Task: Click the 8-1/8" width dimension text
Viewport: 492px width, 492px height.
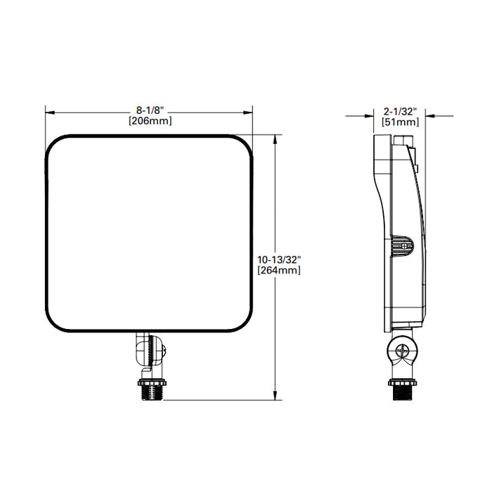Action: tap(149, 111)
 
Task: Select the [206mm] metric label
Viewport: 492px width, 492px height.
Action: tap(149, 121)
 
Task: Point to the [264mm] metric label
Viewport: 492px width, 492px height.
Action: tap(279, 271)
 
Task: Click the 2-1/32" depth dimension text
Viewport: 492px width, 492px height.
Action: tap(401, 111)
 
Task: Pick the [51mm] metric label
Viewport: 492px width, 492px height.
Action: tap(401, 122)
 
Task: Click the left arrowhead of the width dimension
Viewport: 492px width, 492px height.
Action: tap(49, 111)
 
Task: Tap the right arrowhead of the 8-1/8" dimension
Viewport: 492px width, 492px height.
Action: tap(249, 111)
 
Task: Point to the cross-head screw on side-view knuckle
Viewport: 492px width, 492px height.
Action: tap(403, 351)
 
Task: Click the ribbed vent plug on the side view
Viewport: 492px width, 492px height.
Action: tap(403, 245)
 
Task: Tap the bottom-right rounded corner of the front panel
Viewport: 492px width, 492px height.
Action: tap(242, 324)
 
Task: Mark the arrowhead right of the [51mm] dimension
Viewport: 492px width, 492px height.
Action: tap(429, 116)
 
